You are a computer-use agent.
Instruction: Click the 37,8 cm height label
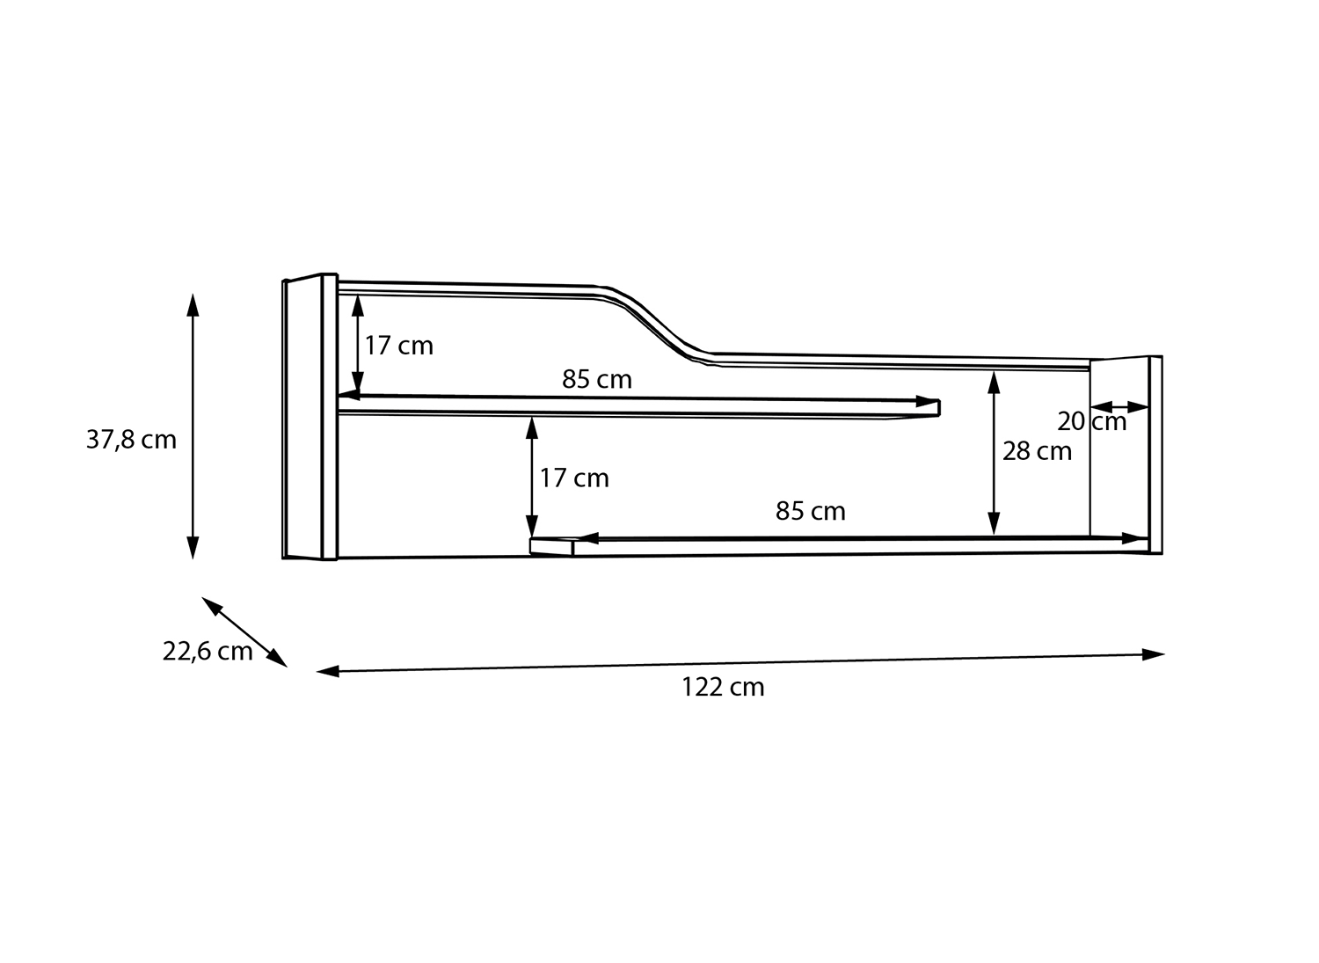pyautogui.click(x=131, y=440)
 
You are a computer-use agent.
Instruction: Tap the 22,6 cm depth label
pyautogui.click(x=208, y=652)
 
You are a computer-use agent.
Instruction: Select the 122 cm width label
pyautogui.click(x=723, y=688)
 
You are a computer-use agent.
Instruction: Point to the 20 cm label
pyautogui.click(x=1092, y=422)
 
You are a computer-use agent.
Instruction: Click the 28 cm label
pyautogui.click(x=1038, y=452)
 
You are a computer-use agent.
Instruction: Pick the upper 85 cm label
pyautogui.click(x=596, y=379)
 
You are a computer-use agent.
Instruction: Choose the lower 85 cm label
pyautogui.click(x=810, y=511)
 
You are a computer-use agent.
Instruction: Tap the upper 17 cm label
pyautogui.click(x=398, y=346)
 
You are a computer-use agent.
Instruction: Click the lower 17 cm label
pyautogui.click(x=574, y=478)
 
